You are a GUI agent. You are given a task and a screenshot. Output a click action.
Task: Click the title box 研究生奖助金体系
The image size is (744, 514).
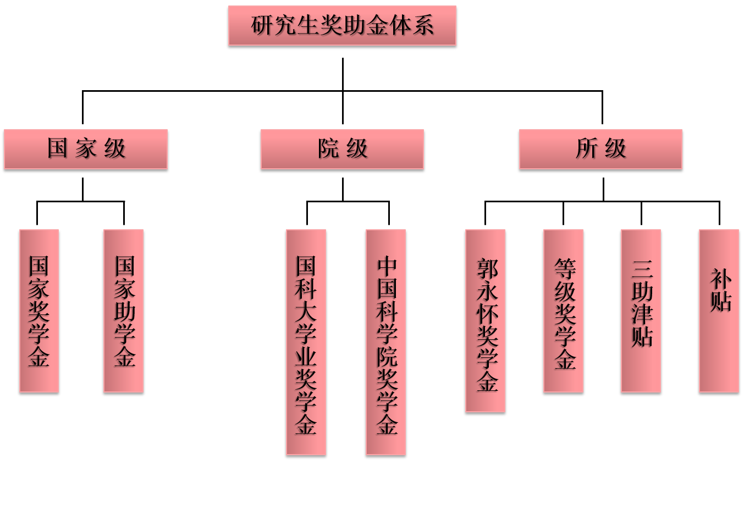point(342,25)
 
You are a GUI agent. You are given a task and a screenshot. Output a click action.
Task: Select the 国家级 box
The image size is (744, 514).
point(86,149)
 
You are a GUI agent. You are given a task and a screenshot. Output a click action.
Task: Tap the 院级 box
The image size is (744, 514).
point(342,149)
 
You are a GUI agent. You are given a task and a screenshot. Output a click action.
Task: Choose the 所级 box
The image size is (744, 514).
point(600,149)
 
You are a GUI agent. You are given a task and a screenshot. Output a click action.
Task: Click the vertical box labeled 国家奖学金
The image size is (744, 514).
point(39,311)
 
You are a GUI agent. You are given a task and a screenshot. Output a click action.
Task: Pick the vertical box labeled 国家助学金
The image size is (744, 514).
point(124,311)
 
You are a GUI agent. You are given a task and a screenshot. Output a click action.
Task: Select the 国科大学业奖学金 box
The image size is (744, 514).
point(306,342)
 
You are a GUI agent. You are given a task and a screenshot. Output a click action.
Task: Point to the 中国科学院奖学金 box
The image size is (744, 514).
point(385,342)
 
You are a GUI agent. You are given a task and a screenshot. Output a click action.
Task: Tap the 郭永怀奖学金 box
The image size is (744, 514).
point(485,320)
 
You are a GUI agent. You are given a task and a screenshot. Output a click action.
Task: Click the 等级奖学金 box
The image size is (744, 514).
point(563,311)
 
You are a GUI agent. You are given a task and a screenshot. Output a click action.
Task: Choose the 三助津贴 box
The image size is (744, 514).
point(641,311)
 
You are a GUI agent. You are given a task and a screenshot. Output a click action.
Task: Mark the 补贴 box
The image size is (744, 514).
point(719,311)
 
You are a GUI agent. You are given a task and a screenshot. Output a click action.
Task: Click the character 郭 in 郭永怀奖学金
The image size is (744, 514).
point(487,269)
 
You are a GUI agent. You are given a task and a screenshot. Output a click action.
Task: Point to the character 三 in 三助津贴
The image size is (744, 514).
point(642,269)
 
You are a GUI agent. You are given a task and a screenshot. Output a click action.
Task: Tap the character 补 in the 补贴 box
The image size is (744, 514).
point(720,279)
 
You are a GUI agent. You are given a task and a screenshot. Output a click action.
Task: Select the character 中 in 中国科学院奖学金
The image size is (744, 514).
point(387,266)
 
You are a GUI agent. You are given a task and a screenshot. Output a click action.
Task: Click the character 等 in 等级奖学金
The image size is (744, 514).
point(565,269)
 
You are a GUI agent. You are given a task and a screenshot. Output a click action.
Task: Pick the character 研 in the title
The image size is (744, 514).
point(262,25)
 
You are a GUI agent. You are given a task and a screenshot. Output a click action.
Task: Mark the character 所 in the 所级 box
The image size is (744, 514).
point(586,148)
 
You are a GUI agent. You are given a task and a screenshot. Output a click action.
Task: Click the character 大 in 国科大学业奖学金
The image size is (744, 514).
point(306,311)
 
